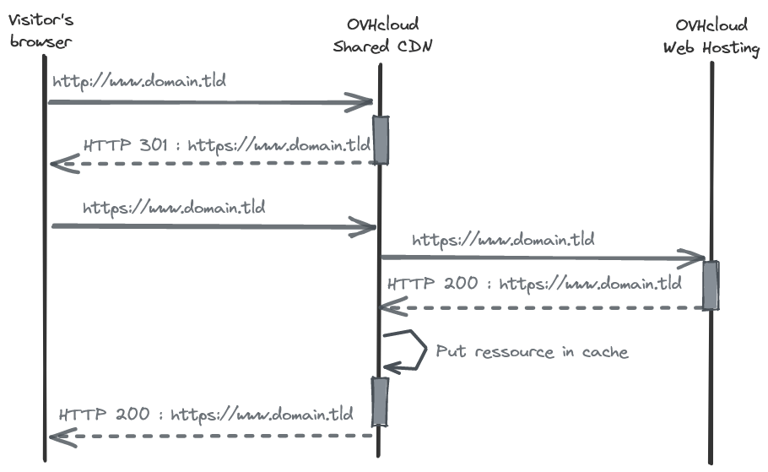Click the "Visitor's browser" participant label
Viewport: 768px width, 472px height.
coord(41,30)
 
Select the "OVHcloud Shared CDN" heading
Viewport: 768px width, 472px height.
coord(382,35)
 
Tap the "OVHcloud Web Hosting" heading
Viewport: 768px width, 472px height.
coord(711,36)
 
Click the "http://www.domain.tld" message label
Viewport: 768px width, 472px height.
coord(139,81)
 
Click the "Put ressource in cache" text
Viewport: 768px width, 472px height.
coord(532,351)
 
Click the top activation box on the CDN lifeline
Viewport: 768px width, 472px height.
coord(381,139)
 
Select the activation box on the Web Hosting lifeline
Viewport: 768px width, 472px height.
coord(711,285)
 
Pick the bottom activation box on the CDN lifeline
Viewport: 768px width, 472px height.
coord(380,401)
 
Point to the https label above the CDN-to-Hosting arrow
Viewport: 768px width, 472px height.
coord(503,240)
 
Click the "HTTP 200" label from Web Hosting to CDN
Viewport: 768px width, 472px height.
coord(432,284)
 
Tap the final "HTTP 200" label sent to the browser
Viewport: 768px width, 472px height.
coord(105,415)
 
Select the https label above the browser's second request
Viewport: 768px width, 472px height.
coord(174,208)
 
